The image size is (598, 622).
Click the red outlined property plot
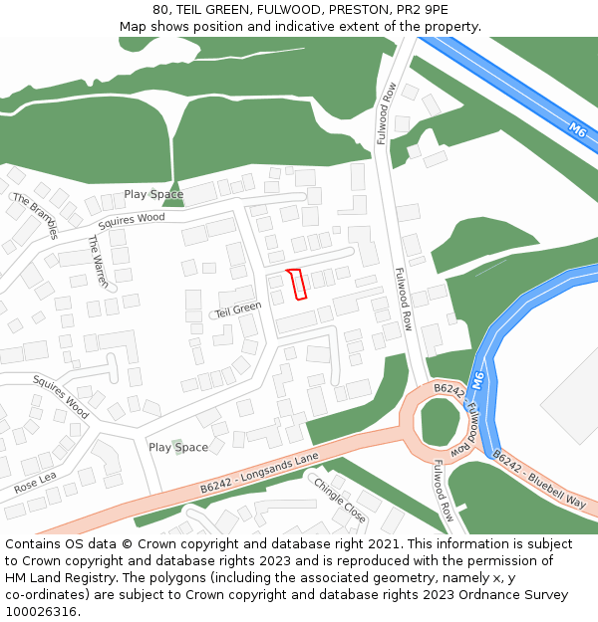pos(296,284)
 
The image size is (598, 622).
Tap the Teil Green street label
pos(237,309)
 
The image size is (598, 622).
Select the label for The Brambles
pos(36,216)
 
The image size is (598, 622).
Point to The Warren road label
pos(97,261)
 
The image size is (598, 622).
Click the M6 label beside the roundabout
pos(479,381)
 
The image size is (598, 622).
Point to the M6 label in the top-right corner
pos(577,128)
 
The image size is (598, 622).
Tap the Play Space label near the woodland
pos(153,194)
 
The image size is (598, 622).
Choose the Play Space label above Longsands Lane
pos(178,447)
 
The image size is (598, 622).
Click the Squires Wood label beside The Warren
pos(132,218)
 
